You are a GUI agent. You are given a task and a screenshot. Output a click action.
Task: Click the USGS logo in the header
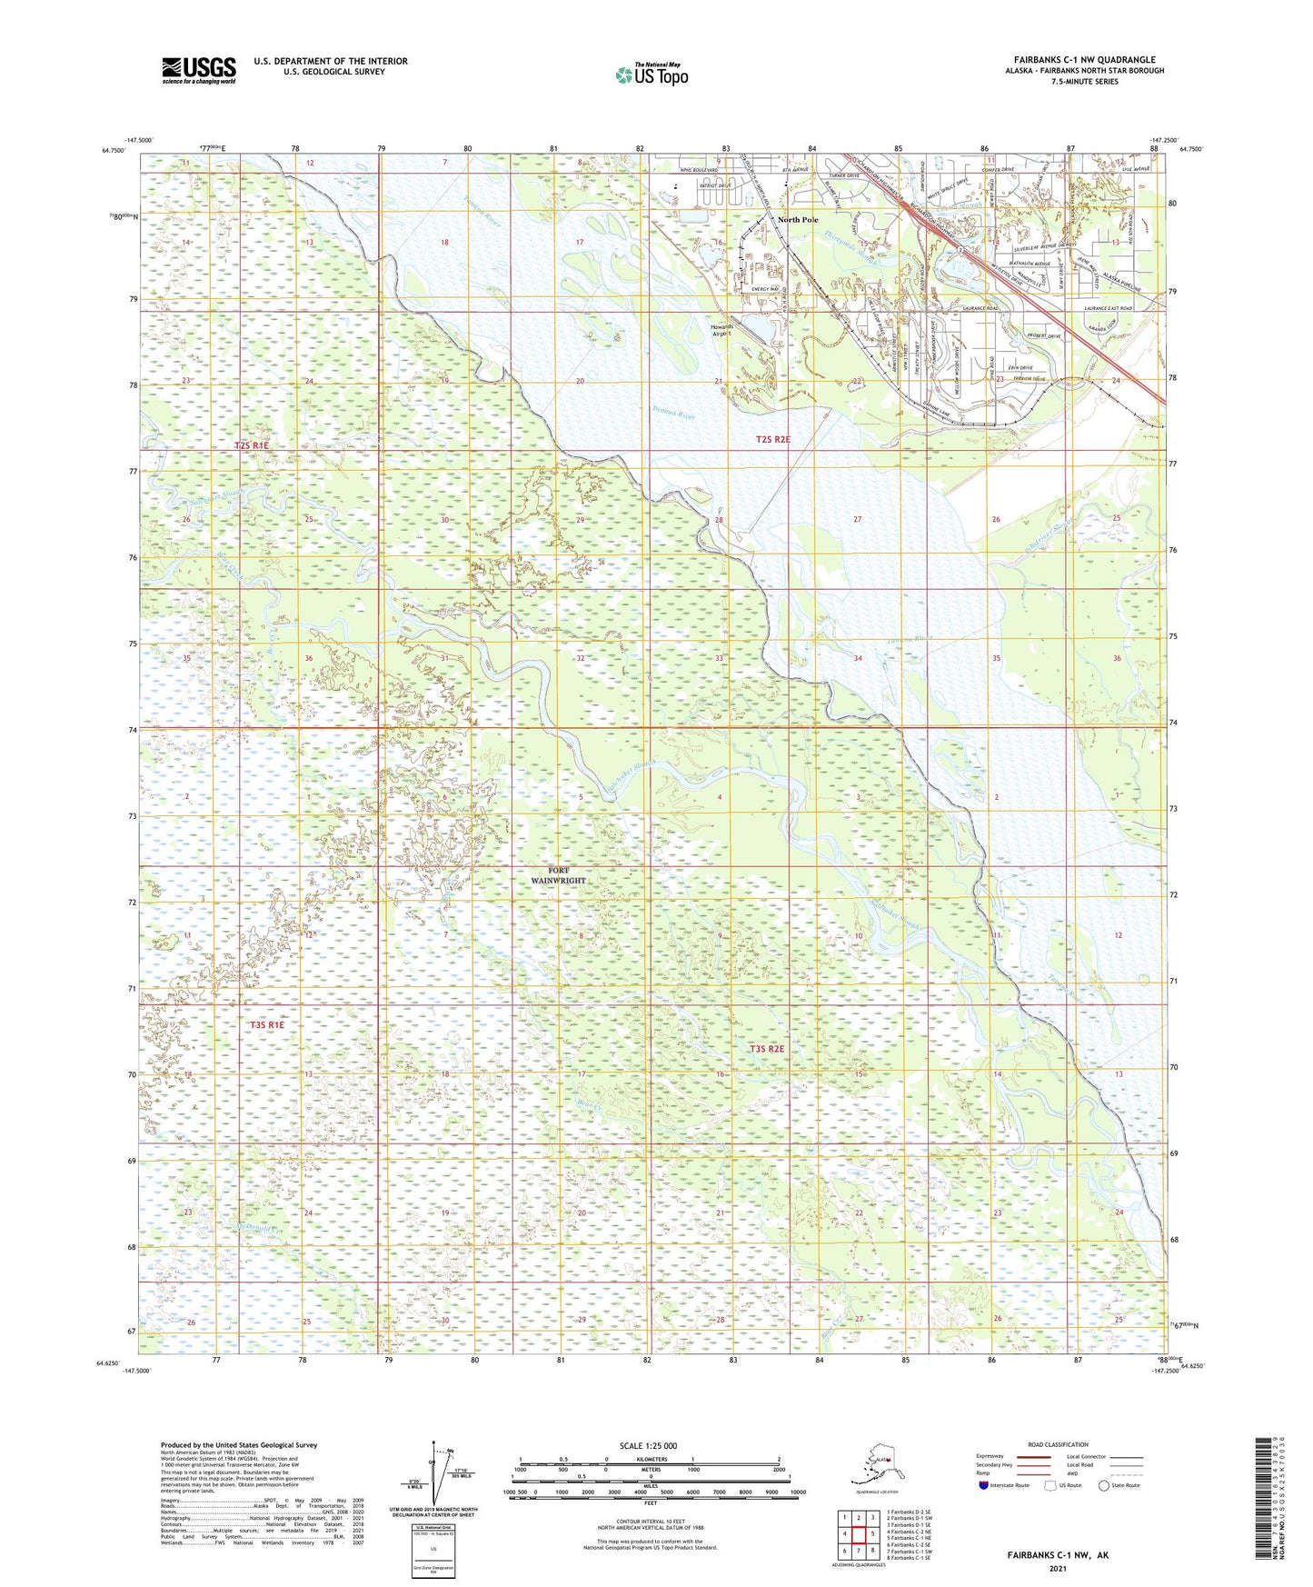pos(198,70)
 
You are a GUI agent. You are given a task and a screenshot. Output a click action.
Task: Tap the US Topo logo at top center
pos(652,74)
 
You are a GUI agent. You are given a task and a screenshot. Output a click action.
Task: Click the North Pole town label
pos(798,220)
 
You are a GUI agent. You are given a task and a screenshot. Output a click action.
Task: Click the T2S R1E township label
pos(252,446)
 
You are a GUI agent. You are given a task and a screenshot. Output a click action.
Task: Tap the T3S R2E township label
pos(767,1049)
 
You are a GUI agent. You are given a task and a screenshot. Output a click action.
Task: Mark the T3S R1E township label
pos(267,1025)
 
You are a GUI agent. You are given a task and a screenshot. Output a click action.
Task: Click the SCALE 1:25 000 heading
pos(648,1446)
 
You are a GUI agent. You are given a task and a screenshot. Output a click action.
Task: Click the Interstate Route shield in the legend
pos(984,1485)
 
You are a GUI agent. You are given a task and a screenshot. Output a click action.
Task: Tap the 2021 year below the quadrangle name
pos(1057,1568)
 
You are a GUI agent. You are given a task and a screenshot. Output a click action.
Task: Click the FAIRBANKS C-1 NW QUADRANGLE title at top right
pos(1084,60)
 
